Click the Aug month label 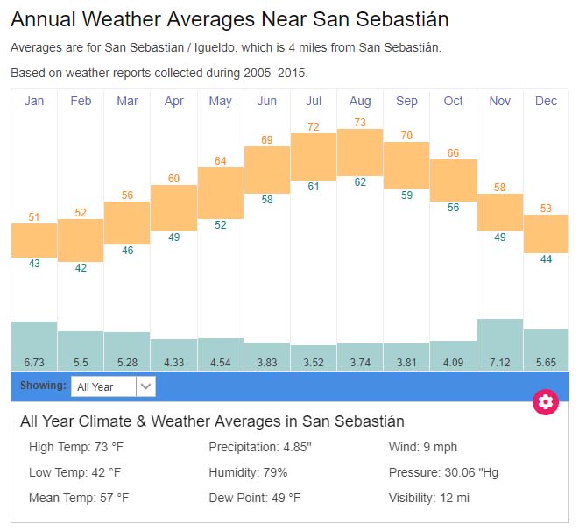pyautogui.click(x=360, y=102)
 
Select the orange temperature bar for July pyautogui.click(x=313, y=157)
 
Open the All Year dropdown pyautogui.click(x=113, y=386)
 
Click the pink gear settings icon pyautogui.click(x=546, y=402)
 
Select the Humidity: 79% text pyautogui.click(x=248, y=472)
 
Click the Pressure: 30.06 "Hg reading pyautogui.click(x=443, y=472)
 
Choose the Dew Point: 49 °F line pyautogui.click(x=254, y=498)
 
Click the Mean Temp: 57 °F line pyautogui.click(x=79, y=498)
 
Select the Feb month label pyautogui.click(x=81, y=102)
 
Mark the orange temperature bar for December pyautogui.click(x=546, y=234)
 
